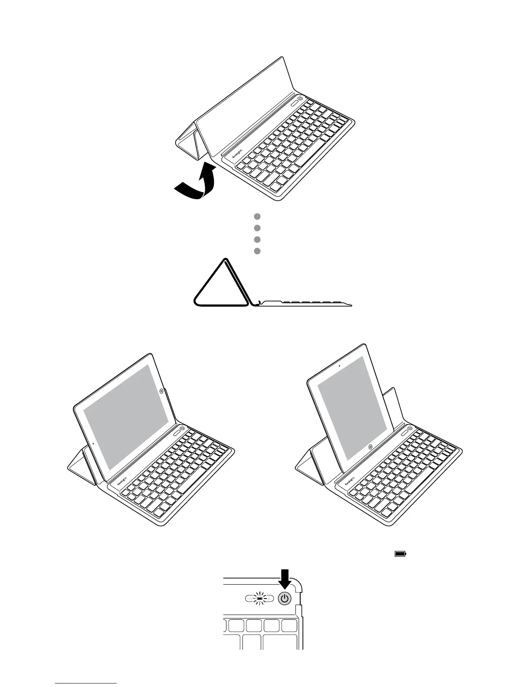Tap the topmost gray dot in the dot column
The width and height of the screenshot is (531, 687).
(257, 216)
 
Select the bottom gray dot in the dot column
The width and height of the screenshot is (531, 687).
(257, 251)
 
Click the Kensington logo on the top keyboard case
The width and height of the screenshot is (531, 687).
(239, 155)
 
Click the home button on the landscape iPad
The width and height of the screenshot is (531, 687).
(162, 391)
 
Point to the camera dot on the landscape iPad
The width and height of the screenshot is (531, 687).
(94, 443)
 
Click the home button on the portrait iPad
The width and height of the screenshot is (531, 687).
(370, 446)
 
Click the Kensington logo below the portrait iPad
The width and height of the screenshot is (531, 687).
(351, 480)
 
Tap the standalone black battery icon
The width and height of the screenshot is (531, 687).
(400, 554)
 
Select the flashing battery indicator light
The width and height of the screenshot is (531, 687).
(259, 599)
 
